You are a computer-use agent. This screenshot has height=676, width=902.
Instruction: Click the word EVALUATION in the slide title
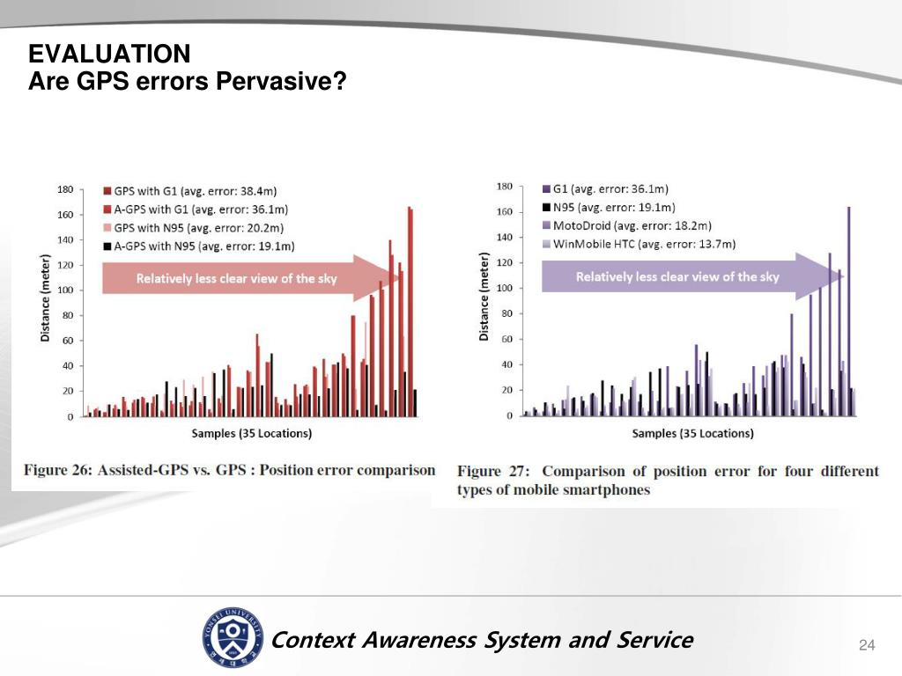pos(109,55)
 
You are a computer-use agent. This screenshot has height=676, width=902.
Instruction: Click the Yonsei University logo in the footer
pos(231,636)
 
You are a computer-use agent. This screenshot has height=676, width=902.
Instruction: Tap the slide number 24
pos(867,647)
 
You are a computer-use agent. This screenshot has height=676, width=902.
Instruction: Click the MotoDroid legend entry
pos(632,226)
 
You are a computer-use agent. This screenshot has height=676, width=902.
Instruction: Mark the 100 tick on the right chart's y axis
pos(505,289)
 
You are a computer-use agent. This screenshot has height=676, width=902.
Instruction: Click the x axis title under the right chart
pos(692,433)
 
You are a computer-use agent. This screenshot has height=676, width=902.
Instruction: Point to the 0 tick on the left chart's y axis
pos(70,416)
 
